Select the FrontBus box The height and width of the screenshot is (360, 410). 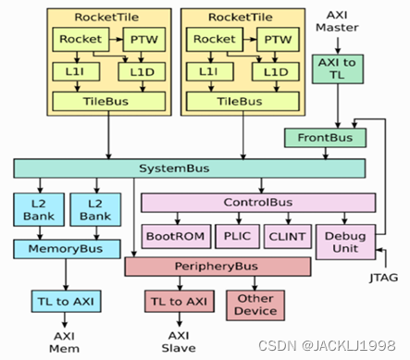pos(324,138)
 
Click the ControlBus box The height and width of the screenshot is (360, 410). pos(257,202)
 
